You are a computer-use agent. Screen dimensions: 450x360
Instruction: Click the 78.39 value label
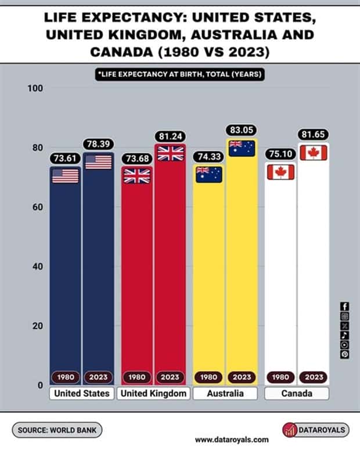tap(98, 143)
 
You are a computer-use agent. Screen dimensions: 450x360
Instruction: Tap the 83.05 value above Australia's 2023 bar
tap(242, 130)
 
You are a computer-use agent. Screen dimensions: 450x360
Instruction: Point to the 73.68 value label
tap(136, 158)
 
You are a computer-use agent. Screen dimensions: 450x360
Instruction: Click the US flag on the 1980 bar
tap(65, 175)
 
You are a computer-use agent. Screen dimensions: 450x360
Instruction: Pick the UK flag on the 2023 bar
tap(170, 153)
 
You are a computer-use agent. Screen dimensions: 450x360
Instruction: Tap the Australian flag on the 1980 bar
tap(209, 174)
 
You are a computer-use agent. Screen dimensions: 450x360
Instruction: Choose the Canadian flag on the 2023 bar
tap(314, 153)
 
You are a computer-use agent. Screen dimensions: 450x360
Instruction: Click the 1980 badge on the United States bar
tap(65, 377)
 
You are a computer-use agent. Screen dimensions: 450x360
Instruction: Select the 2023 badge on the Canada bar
tap(314, 377)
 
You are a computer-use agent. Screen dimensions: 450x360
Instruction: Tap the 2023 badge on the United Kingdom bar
tap(170, 377)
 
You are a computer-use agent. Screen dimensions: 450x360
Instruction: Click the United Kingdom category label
tap(153, 394)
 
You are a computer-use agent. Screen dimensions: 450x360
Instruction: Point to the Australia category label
tap(225, 394)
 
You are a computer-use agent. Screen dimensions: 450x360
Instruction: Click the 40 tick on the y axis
tap(38, 267)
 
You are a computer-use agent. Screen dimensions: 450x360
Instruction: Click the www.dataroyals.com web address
tap(232, 440)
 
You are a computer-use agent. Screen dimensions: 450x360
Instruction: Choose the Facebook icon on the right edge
tap(345, 307)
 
